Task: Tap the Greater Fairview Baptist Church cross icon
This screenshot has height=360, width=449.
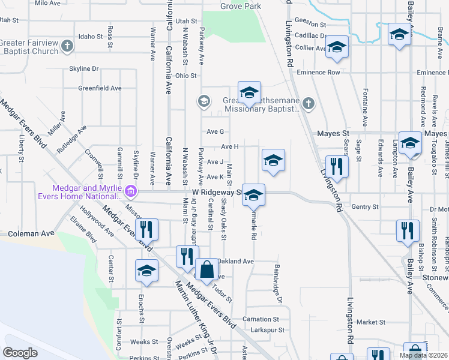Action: click(x=68, y=45)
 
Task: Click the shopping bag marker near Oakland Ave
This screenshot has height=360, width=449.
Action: click(x=207, y=270)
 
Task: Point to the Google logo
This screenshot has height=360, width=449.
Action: click(x=20, y=353)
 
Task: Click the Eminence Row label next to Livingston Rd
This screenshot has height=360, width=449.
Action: click(x=324, y=73)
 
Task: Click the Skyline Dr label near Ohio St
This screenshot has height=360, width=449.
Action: click(x=83, y=69)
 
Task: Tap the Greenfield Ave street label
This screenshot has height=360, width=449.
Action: click(x=100, y=88)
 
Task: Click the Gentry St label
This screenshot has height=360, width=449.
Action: click(x=366, y=207)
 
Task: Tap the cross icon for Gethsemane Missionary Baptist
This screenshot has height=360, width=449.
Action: click(x=308, y=104)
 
